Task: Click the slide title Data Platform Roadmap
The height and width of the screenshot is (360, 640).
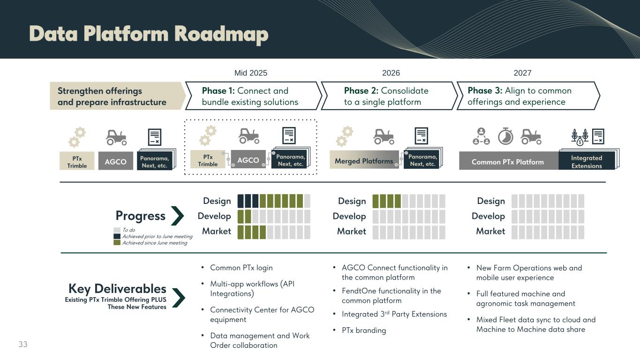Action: [x=149, y=34]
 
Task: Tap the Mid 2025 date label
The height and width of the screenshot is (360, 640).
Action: [x=250, y=73]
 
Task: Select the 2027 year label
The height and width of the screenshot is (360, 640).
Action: [x=522, y=73]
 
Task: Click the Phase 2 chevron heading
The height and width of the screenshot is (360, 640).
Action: [x=387, y=96]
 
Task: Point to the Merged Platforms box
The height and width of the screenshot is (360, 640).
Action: [x=364, y=161]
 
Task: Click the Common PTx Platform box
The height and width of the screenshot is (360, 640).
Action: [x=508, y=162]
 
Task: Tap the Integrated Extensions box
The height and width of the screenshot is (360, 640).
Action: [x=587, y=162]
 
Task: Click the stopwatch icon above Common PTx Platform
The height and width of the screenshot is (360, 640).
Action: [x=505, y=136]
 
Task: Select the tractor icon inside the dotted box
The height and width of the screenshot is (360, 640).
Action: [x=248, y=136]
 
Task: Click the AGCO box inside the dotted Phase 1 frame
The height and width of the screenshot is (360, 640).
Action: [x=248, y=160]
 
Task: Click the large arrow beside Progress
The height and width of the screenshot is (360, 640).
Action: [x=178, y=216]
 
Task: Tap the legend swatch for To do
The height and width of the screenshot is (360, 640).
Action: [x=117, y=230]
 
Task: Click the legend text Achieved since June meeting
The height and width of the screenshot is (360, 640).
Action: [x=154, y=243]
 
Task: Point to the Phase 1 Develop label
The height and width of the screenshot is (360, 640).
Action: [x=214, y=216]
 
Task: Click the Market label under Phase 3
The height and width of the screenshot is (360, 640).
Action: [x=490, y=231]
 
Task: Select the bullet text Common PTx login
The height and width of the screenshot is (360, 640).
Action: [x=241, y=268]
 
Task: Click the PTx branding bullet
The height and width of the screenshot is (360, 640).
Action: [x=364, y=330]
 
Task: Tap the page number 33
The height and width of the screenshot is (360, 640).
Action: [x=23, y=345]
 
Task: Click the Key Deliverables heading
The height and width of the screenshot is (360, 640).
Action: [x=117, y=288]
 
